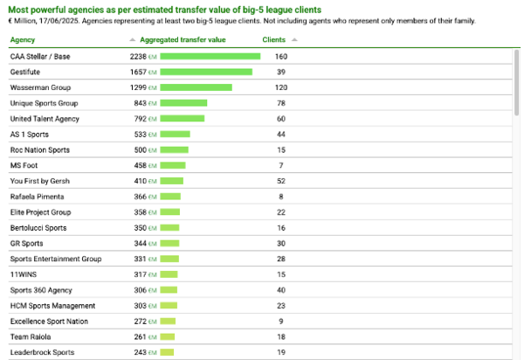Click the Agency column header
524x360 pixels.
[23, 39]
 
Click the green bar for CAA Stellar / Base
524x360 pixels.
[210, 57]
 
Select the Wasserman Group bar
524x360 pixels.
[196, 87]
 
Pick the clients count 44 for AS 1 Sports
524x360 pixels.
[281, 135]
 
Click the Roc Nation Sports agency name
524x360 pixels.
[39, 150]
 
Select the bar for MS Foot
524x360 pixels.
[173, 165]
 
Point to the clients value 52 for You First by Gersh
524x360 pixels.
[281, 181]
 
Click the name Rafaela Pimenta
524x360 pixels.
[37, 197]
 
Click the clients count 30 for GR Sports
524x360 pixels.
[281, 243]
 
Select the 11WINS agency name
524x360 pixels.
[24, 274]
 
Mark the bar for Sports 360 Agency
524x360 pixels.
[169, 290]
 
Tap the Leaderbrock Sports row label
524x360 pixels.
[42, 352]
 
